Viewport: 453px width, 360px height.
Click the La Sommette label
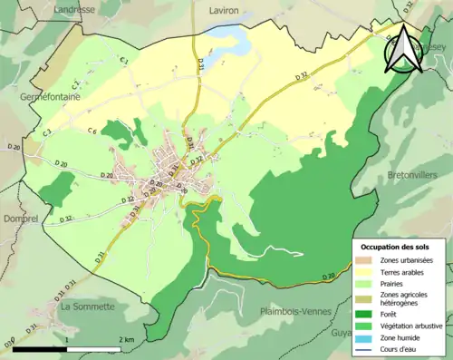87,306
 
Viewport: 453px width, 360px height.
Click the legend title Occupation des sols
400,247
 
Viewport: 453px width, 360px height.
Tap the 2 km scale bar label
127,339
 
